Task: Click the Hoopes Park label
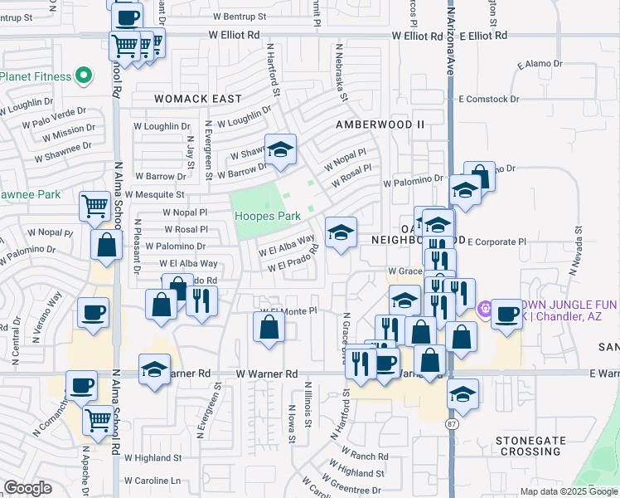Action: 267,216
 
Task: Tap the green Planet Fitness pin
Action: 83,77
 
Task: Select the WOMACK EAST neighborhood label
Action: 197,99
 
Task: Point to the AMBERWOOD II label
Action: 380,124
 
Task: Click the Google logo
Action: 27,488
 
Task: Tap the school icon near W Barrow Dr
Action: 280,150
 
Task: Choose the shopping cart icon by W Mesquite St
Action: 95,206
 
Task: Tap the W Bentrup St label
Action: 237,16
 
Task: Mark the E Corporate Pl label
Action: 496,242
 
